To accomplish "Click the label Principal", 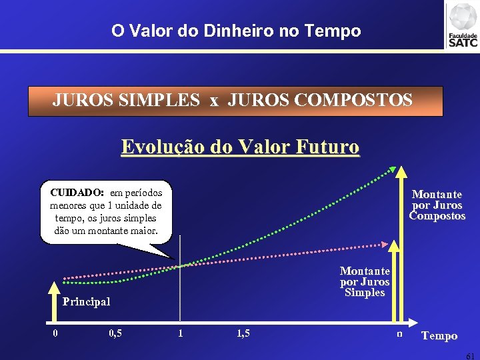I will click(86, 301).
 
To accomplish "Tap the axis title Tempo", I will click(439, 336).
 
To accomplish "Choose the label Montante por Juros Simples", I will click(365, 281).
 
